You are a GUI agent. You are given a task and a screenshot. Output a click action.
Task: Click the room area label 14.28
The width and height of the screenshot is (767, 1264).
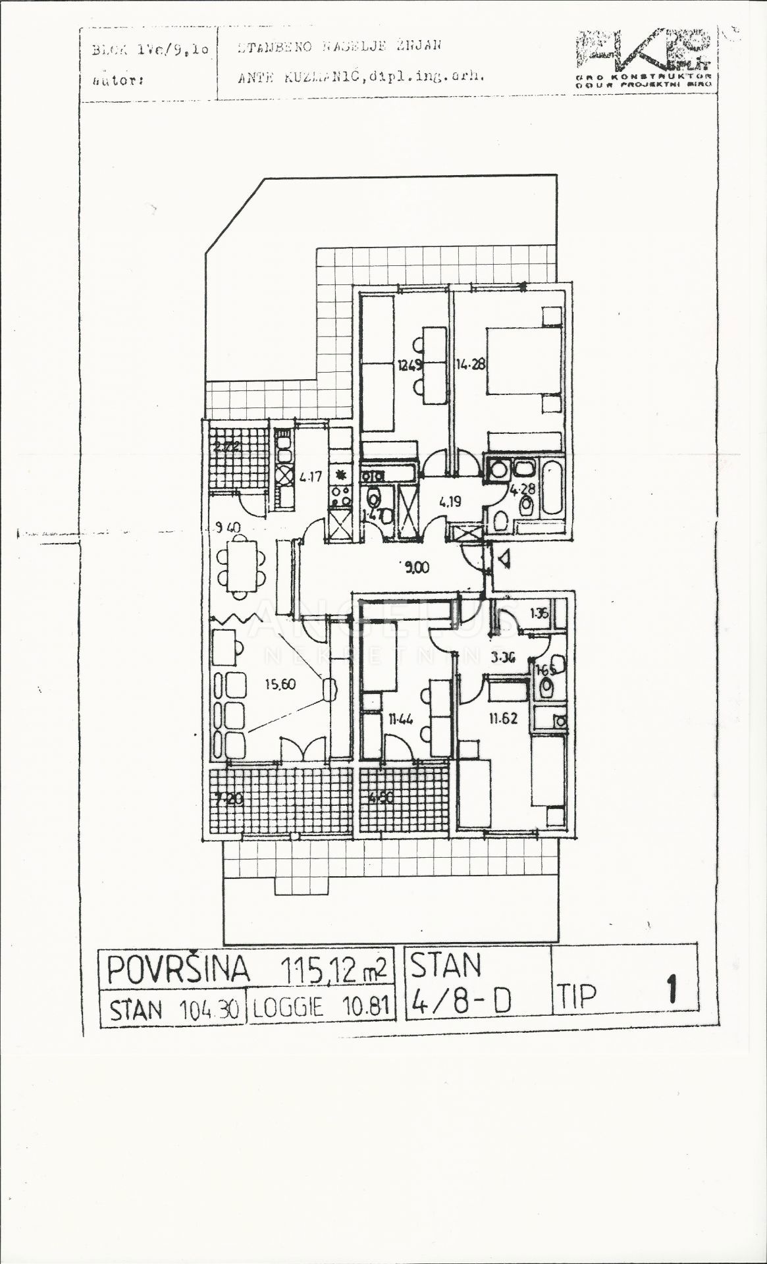click(x=470, y=363)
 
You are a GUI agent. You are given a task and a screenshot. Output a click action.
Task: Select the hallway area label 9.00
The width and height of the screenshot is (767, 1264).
click(x=415, y=566)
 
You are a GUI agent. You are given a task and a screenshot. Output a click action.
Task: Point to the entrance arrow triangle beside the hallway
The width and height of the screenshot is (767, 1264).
click(x=504, y=560)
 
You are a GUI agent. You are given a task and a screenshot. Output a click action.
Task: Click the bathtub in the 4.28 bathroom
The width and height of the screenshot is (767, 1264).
click(x=552, y=488)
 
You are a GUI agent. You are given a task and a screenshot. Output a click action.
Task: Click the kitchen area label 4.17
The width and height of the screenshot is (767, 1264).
click(x=309, y=475)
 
